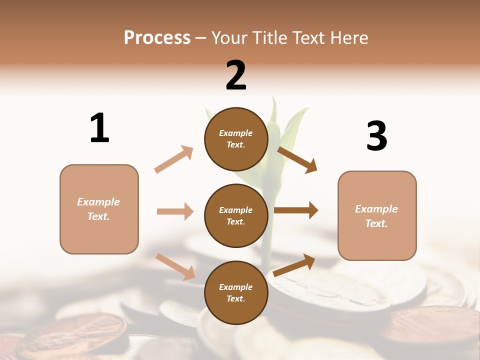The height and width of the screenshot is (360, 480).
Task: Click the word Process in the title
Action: point(157,38)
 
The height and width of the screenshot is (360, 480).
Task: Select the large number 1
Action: point(99,128)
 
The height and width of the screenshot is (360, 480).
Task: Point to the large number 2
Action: point(236,75)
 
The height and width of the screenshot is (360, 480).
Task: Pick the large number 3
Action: point(376,136)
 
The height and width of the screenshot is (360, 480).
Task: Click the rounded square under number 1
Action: point(99,209)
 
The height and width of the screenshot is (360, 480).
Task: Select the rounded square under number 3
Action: point(377,215)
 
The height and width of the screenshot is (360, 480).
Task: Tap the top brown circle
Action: point(236,139)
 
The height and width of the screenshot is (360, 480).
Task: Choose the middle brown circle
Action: point(236,215)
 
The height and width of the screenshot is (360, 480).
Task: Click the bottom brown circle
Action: point(236,292)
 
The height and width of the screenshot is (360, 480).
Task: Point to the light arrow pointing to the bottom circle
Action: point(175,266)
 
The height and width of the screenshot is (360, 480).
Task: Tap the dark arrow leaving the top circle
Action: point(297,160)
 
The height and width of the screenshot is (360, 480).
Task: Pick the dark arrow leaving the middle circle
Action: point(296,210)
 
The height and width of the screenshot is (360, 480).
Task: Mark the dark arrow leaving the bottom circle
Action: point(294,265)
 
